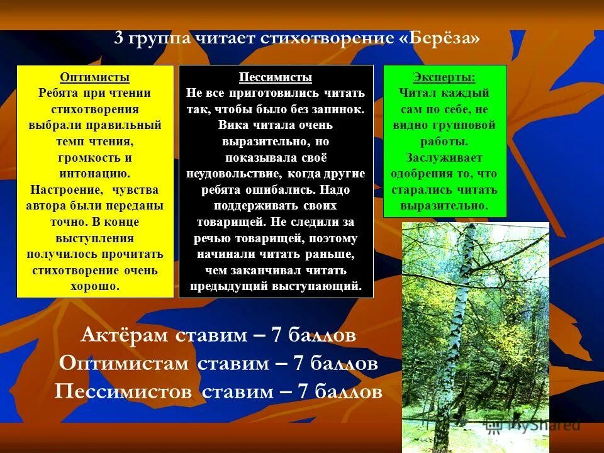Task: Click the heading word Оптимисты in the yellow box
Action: tap(95, 77)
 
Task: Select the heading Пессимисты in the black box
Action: tap(276, 77)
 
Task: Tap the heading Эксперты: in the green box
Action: tap(444, 77)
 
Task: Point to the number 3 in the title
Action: tap(118, 38)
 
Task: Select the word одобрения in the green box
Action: tap(418, 174)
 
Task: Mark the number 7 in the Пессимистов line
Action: tap(302, 392)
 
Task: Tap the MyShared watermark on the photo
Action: tap(544, 425)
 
